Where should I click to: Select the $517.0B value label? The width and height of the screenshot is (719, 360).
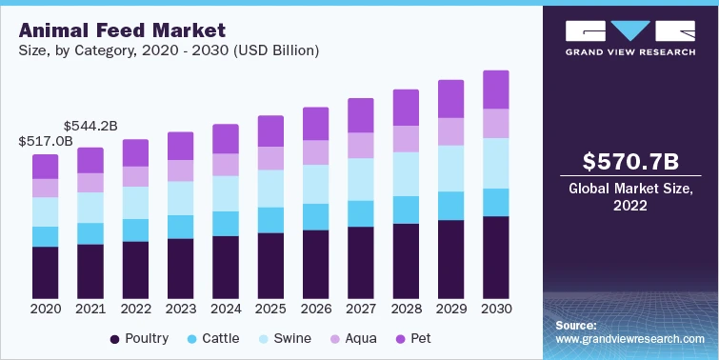click(x=46, y=141)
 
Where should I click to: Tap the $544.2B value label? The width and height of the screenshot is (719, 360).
click(x=90, y=125)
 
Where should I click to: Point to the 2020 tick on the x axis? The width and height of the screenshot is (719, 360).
click(x=46, y=310)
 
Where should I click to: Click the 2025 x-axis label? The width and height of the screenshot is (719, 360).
click(x=271, y=310)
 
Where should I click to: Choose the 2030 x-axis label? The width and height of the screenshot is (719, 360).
click(x=496, y=310)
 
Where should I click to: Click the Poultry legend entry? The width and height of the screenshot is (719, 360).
click(x=140, y=338)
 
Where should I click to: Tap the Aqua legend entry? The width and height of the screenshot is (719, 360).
click(x=354, y=338)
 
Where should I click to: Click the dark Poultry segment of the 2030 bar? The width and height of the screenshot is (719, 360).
click(x=496, y=257)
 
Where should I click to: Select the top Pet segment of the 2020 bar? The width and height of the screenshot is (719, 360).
click(x=46, y=166)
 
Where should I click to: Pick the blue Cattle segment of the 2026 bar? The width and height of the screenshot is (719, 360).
click(x=316, y=216)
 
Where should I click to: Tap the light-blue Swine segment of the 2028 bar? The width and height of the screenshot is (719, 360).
click(x=406, y=174)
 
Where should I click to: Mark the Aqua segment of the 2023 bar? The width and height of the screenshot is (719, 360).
click(x=181, y=170)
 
